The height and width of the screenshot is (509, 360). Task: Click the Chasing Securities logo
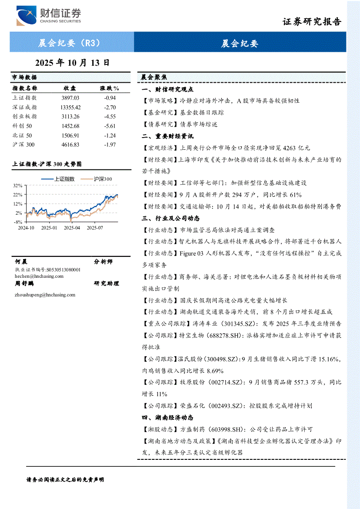(x=49, y=16)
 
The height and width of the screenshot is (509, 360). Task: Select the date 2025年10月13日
(x=72, y=63)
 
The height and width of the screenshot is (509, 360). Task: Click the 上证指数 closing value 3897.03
(x=71, y=98)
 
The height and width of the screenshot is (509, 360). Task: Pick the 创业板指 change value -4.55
(x=111, y=116)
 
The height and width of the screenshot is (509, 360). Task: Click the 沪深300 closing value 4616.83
(x=71, y=145)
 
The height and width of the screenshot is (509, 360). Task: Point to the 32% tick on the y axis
(x=17, y=185)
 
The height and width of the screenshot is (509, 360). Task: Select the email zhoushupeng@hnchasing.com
(x=45, y=295)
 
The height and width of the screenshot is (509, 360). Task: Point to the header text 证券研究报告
(x=312, y=21)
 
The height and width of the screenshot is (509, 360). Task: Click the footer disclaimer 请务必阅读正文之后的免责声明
(x=65, y=479)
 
